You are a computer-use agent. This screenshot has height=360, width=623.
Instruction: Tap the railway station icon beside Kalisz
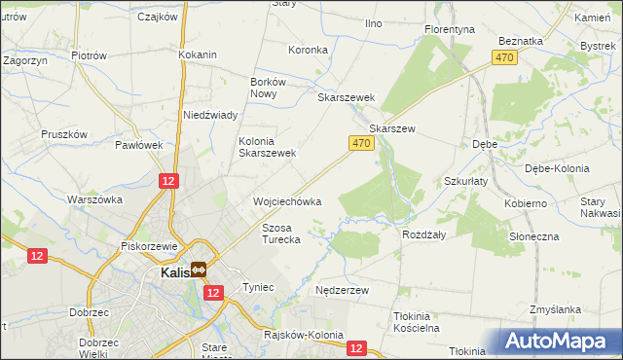(199, 270)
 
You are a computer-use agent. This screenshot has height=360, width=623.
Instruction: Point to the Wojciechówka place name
(287, 201)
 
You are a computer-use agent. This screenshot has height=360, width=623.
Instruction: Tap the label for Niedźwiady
(211, 115)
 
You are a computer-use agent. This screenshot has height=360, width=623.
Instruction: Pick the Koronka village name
(308, 49)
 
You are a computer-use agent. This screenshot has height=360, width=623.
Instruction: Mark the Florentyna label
(450, 29)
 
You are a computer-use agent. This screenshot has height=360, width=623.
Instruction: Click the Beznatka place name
(519, 41)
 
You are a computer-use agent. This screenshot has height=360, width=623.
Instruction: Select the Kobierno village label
(526, 204)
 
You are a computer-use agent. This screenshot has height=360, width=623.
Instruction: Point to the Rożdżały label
(423, 234)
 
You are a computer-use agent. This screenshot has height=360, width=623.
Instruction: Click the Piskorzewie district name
(147, 246)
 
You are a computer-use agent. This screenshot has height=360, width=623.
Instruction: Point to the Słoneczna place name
(533, 237)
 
